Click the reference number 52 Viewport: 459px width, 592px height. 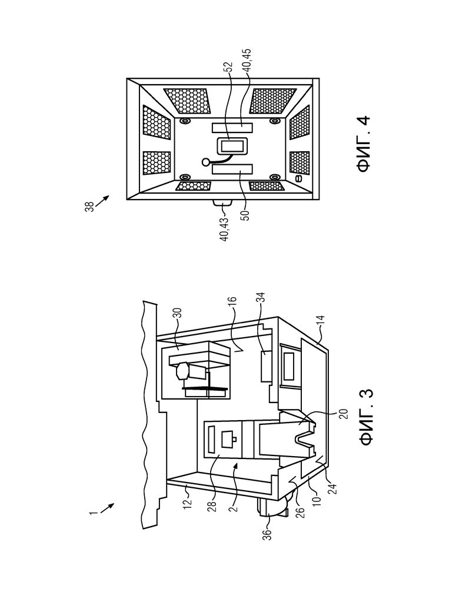click(x=228, y=67)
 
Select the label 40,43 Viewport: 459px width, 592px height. click(x=224, y=229)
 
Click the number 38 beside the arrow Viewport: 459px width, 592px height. click(x=89, y=207)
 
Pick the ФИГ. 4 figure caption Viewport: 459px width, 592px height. click(x=363, y=144)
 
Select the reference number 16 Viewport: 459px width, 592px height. click(x=232, y=302)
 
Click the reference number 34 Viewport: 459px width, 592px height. click(x=261, y=298)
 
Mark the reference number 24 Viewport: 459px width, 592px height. click(x=333, y=488)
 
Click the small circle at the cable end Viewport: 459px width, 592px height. click(x=206, y=162)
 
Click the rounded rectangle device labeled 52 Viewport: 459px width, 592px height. click(x=231, y=146)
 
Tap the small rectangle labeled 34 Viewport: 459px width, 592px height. click(x=267, y=366)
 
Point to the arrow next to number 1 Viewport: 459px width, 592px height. click(x=107, y=508)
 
